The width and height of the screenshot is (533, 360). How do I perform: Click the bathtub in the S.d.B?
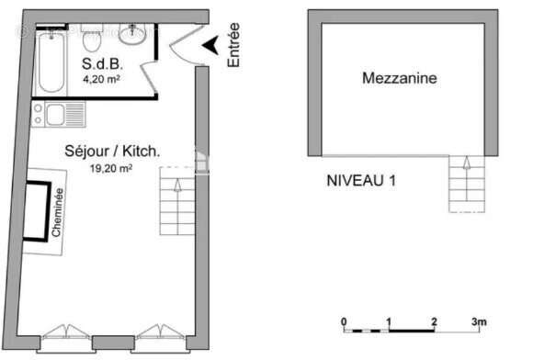50,60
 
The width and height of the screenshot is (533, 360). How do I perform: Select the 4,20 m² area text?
102,80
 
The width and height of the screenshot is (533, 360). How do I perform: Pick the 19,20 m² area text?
110,168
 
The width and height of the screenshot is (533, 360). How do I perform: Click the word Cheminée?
59,213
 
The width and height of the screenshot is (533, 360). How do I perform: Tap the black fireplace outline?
36,211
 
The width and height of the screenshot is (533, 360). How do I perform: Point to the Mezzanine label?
399,79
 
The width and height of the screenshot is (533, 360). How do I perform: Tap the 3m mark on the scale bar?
478,321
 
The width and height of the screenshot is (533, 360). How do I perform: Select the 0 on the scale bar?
344,321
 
